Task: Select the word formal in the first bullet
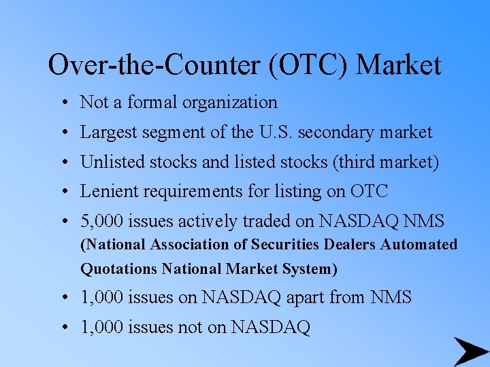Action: coord(152,103)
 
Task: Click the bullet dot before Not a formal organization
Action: coord(62,103)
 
